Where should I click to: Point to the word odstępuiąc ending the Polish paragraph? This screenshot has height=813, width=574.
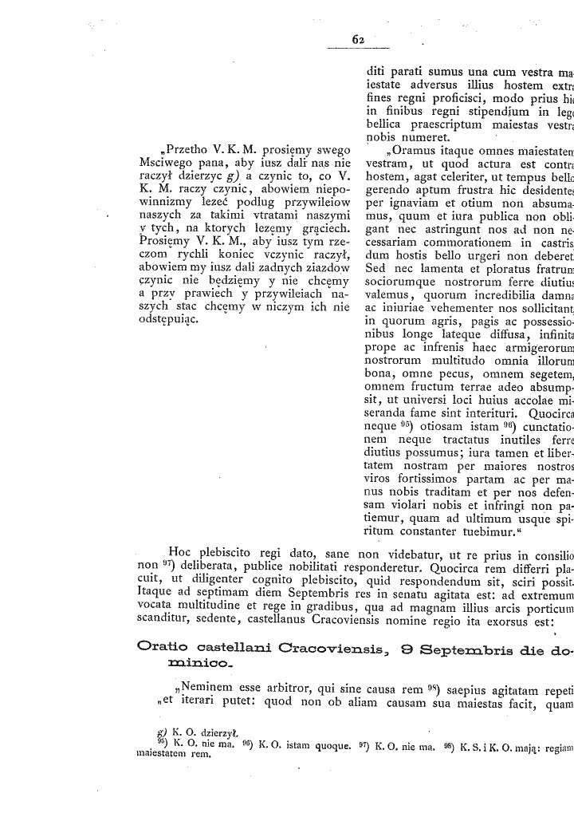click(x=163, y=318)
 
